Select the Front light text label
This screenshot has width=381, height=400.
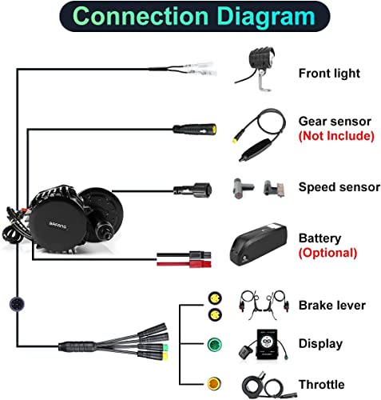(329, 74)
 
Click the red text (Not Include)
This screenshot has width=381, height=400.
(336, 135)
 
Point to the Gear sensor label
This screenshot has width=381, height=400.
(334, 121)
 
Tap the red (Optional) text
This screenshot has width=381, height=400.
(327, 252)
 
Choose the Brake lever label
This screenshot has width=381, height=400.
(332, 305)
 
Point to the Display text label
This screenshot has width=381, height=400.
(320, 344)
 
